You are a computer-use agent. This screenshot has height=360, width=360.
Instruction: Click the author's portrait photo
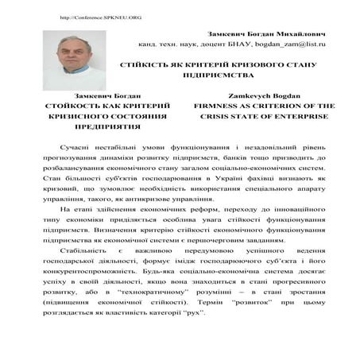74,60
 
